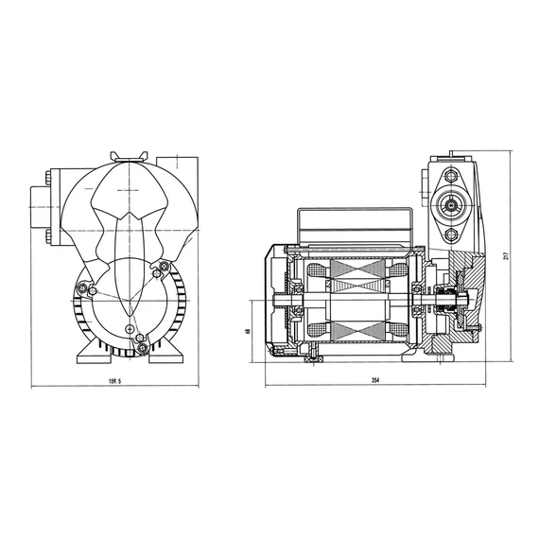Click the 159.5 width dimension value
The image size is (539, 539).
click(114, 381)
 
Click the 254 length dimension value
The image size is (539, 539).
click(375, 380)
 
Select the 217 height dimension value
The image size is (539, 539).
click(506, 255)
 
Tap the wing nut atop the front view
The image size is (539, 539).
click(129, 156)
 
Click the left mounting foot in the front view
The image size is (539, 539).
click(94, 353)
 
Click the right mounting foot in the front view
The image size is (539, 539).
click(166, 353)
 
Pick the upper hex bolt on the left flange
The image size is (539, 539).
click(47, 178)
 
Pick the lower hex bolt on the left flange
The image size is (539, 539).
click(47, 236)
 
